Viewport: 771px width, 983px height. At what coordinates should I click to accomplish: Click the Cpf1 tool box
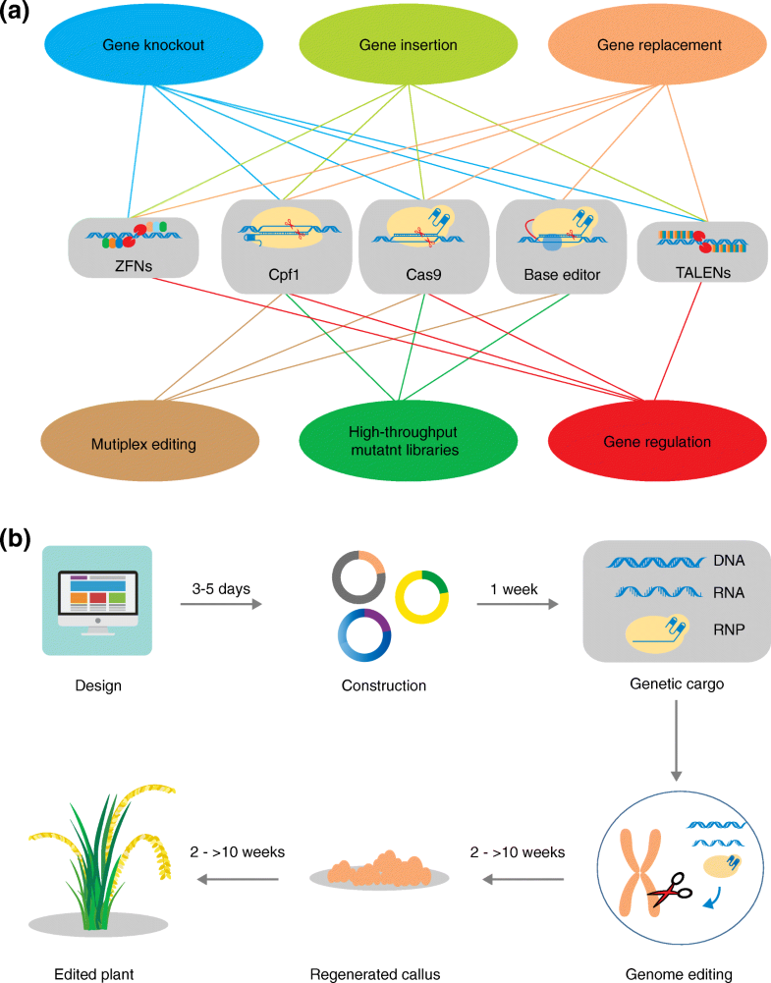pos(285,246)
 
